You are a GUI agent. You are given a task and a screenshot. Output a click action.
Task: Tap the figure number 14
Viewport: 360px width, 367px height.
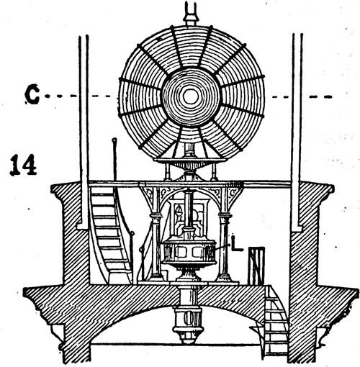[x=23, y=165]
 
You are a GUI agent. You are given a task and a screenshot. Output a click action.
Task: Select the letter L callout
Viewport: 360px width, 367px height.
[x=237, y=243]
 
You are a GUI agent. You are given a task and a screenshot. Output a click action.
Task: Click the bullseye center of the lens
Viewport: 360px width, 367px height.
[x=191, y=96]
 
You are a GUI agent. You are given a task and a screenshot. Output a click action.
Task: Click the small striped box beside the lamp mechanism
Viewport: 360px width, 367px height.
[x=256, y=266]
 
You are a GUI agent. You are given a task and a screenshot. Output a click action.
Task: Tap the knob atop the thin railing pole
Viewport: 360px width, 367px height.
[x=114, y=140]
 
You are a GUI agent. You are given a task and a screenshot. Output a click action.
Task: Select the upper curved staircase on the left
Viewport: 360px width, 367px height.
[x=110, y=235]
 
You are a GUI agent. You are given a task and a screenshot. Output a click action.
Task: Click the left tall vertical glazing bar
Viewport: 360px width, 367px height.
[x=84, y=131]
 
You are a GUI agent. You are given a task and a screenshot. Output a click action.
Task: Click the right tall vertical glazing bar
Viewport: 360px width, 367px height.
[x=297, y=132]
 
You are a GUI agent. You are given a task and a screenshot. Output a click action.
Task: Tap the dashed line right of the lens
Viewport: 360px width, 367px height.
[x=302, y=97]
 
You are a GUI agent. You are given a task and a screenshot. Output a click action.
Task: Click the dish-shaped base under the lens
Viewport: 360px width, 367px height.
[x=190, y=163]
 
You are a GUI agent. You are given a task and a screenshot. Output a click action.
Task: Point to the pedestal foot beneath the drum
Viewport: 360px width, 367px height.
[x=188, y=274]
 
